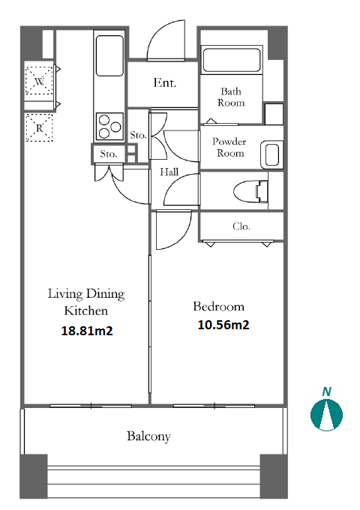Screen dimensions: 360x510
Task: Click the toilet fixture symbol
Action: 251,191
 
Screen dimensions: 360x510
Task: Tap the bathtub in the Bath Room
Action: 232,59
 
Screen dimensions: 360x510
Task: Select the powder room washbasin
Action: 271,154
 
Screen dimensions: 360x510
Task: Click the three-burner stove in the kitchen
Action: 109,126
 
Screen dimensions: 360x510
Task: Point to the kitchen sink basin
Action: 109,55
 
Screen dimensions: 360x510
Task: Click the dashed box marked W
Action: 39,81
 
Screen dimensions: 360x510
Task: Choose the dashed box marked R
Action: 39,127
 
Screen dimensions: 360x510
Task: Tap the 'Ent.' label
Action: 164,82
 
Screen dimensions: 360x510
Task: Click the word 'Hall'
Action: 169,172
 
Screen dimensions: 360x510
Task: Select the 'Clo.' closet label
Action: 241,226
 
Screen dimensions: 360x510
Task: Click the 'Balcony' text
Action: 148,436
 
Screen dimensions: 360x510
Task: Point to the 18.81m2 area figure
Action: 87,331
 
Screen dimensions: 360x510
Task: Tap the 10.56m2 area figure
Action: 223,325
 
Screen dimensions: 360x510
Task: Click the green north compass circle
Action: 326,415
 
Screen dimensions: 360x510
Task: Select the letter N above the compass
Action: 327,391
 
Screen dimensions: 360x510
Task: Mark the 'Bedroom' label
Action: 218,307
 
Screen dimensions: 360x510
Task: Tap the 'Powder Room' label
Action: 229,147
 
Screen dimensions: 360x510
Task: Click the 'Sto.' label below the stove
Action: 108,154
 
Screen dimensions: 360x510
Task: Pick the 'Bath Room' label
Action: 231,97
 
